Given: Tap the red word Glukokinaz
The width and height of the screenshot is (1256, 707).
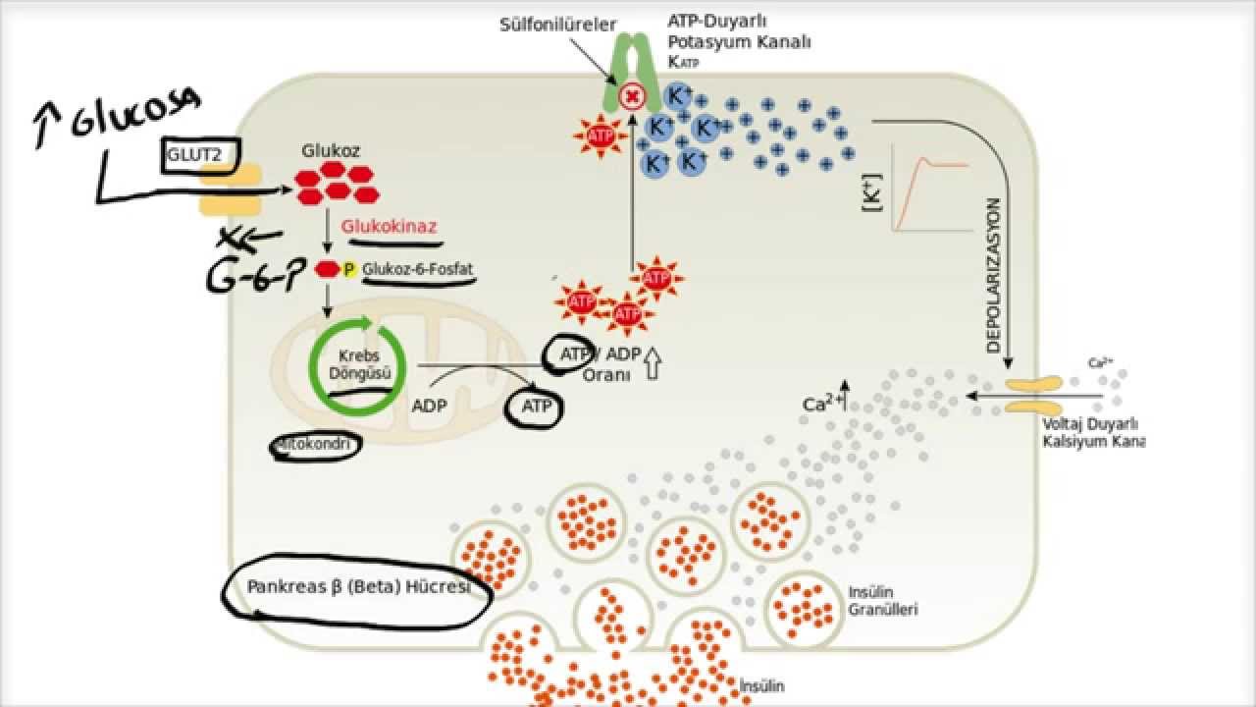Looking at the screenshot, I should pos(389,227).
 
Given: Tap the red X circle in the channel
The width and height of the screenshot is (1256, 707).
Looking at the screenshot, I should pos(633,97).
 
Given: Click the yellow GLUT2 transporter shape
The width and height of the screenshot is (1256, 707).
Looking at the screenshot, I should pos(232,190).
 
